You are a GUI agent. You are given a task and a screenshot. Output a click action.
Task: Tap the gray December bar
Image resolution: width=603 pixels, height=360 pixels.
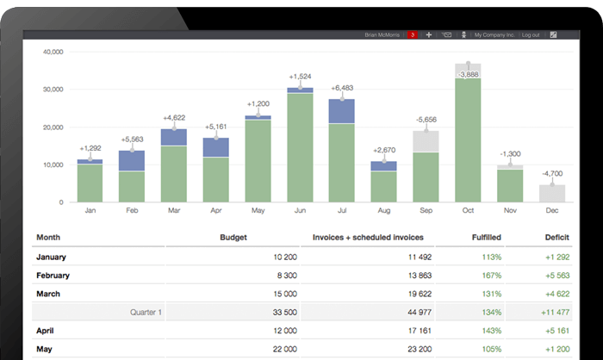click(551, 193)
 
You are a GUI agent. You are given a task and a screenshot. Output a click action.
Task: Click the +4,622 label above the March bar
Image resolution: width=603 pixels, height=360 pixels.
click(174, 117)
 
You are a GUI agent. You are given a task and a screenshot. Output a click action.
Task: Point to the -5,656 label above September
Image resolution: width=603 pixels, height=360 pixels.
click(426, 119)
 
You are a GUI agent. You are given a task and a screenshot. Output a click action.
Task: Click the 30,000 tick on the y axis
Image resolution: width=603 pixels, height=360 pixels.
click(53, 89)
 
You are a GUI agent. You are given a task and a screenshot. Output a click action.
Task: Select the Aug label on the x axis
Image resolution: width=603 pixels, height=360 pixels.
click(383, 210)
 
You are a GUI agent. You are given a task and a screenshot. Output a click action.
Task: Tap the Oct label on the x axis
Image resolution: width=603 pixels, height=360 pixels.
click(468, 210)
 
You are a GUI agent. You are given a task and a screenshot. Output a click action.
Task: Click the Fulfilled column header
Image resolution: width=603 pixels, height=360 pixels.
click(487, 236)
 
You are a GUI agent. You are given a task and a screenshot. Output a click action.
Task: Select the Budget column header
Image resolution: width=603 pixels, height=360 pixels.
click(233, 236)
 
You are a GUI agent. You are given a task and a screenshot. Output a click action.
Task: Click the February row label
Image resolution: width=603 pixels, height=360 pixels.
click(54, 276)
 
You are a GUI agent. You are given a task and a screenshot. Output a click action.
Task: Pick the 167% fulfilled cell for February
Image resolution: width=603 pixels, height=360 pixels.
click(492, 276)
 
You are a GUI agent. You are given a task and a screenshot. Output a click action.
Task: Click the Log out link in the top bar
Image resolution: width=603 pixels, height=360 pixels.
click(531, 34)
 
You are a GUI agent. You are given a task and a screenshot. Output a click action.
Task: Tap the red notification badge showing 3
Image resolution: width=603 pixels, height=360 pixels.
click(413, 34)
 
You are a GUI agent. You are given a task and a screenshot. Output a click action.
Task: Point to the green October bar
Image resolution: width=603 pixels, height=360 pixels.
click(468, 138)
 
